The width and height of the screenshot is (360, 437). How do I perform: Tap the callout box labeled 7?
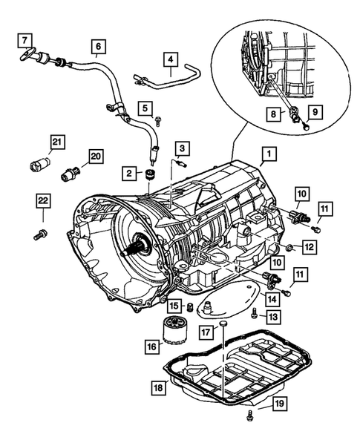(x=24, y=39)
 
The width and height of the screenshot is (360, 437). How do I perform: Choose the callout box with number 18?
(x=158, y=387)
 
